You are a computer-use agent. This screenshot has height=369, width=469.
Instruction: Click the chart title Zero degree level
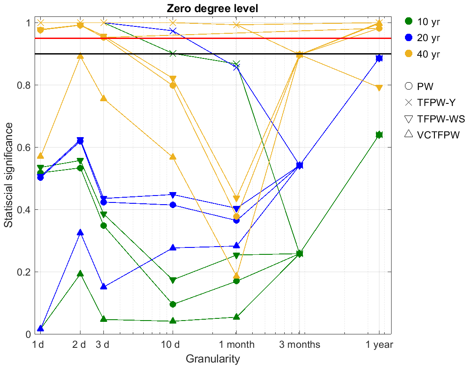[212, 8]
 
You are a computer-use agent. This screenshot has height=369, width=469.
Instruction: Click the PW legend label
[424, 86]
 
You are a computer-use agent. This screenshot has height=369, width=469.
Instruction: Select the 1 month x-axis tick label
[236, 345]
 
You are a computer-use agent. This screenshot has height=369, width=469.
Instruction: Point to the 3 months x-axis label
[299, 345]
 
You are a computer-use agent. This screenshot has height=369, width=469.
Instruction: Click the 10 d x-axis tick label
[173, 345]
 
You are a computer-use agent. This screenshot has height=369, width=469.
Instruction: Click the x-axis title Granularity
[212, 359]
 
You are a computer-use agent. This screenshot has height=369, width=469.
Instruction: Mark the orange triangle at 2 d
[80, 56]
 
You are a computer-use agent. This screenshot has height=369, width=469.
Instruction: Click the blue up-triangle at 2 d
[80, 232]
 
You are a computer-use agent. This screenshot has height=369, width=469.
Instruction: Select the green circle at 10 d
[173, 304]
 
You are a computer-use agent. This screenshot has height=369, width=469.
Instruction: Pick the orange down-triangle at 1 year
[379, 88]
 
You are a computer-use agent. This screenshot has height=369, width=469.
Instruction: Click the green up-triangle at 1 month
[236, 317]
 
